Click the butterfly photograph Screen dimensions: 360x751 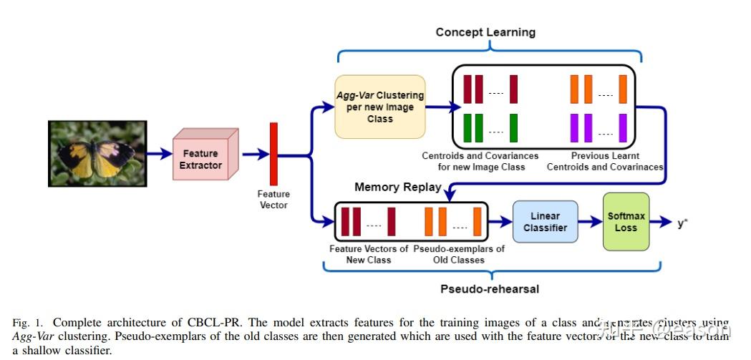tap(97, 154)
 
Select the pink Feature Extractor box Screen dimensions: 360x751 tap(200, 159)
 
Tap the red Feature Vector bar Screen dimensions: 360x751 tap(273, 153)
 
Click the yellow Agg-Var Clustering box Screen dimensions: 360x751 tap(380, 107)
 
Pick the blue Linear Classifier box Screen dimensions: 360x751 tap(545, 222)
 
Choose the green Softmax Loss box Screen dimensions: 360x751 tap(626, 221)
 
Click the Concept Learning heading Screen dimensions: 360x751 tap(485, 32)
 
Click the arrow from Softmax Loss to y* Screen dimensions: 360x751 tap(661, 222)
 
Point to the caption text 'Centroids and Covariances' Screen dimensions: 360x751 tap(480, 156)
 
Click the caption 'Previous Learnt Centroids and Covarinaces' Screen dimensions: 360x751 tap(605, 161)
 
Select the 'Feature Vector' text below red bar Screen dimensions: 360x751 tap(273, 199)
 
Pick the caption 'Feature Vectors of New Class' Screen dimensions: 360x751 tap(369, 254)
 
